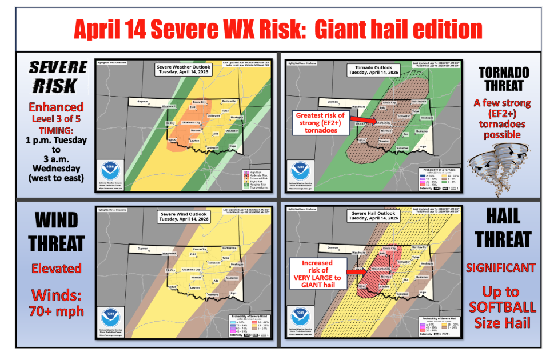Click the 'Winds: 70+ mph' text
(x=56, y=302)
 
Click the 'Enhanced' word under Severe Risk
(x=56, y=107)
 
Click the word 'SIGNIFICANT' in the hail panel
(x=501, y=267)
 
